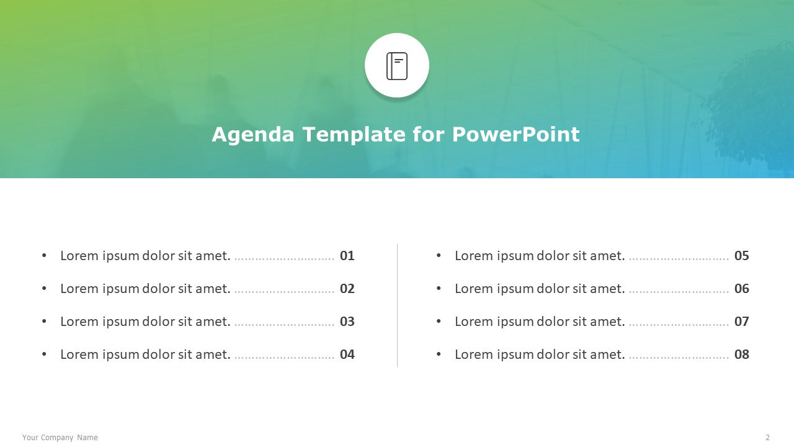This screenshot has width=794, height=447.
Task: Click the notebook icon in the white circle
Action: point(396,66)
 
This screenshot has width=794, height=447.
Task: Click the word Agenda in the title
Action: point(252,135)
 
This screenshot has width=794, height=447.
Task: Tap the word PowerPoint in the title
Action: point(515,134)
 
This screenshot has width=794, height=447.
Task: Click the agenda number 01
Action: point(347,256)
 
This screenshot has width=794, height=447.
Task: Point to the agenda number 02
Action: point(347,289)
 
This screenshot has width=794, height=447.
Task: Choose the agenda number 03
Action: point(347,322)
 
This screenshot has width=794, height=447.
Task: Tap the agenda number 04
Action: point(347,354)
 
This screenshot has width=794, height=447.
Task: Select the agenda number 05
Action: point(741,256)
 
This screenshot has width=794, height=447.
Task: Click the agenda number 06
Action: point(741,289)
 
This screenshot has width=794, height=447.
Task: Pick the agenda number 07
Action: point(741,322)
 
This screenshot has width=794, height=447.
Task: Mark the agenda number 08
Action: point(741,354)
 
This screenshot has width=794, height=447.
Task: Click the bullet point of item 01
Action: point(44,255)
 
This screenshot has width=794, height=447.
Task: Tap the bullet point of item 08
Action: point(439,354)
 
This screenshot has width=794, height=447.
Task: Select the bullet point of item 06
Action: point(439,289)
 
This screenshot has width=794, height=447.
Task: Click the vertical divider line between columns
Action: point(398,305)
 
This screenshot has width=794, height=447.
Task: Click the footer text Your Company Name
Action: point(60,438)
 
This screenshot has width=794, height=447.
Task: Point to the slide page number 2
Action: point(767,438)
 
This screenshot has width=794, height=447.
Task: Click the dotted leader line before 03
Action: point(284,325)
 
